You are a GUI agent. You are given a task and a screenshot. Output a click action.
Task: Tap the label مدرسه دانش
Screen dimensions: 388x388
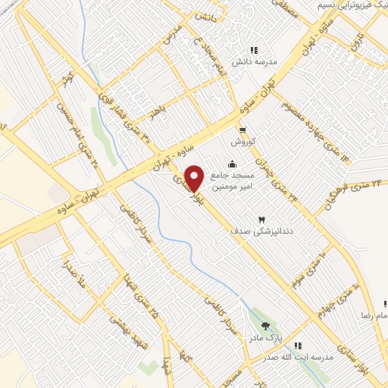pyautogui.click(x=262, y=63)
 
